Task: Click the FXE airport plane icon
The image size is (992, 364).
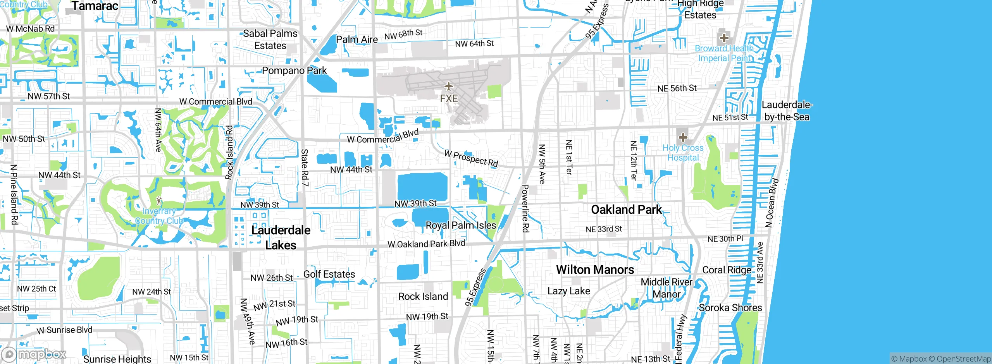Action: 448,86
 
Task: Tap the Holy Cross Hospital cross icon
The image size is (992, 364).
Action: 683,137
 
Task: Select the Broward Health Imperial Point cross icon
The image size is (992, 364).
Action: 724,38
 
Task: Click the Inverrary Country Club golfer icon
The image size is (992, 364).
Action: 158,201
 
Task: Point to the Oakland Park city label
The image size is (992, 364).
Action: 626,210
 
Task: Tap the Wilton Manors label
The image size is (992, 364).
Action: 595,270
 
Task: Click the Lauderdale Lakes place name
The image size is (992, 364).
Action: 281,237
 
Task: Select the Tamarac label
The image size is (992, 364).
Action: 95,6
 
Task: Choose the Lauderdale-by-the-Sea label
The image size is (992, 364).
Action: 787,111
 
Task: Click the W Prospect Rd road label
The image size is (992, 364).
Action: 471,159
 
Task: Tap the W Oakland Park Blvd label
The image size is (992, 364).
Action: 426,244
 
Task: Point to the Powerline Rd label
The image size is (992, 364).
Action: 525,208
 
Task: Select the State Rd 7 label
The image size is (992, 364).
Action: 305,167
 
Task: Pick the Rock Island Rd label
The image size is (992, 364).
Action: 229,152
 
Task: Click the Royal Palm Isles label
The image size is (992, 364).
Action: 461,225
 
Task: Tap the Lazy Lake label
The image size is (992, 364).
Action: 568,291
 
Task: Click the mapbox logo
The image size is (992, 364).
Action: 34,354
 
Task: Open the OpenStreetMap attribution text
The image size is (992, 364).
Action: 963,359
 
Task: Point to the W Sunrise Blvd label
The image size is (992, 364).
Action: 64,330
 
